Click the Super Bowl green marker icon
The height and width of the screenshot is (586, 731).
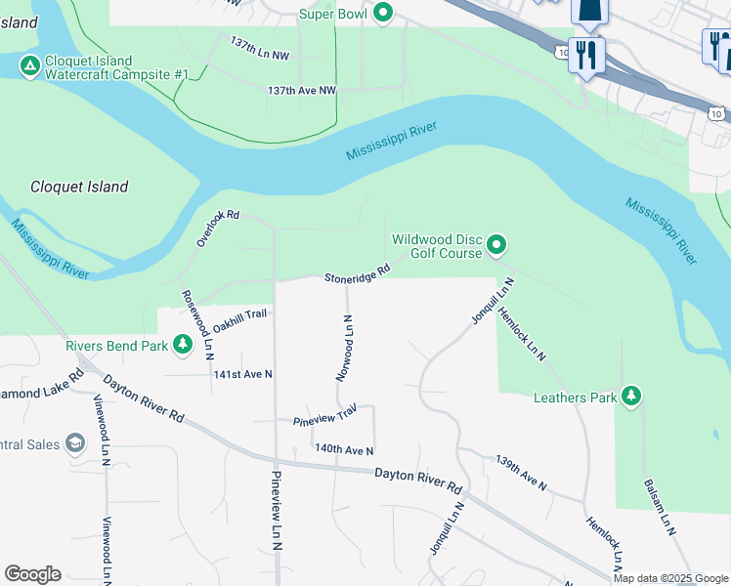click(384, 14)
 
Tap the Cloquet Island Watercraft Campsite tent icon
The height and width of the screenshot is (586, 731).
click(29, 66)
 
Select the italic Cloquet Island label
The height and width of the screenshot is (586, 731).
click(79, 187)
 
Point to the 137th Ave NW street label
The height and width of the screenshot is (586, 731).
click(302, 90)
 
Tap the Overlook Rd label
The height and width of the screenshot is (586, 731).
click(218, 228)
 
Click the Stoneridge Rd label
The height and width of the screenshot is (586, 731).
click(358, 274)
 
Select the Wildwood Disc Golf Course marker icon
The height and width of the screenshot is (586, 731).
click(496, 244)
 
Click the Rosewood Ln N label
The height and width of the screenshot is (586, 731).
click(196, 323)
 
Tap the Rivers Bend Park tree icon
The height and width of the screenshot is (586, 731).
click(182, 345)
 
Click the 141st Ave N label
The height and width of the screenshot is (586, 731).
click(243, 374)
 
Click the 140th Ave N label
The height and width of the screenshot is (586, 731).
click(344, 449)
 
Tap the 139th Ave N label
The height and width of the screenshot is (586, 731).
click(520, 473)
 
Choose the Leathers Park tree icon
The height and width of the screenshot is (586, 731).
click(632, 396)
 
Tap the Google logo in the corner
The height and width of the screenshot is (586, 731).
click(33, 574)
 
